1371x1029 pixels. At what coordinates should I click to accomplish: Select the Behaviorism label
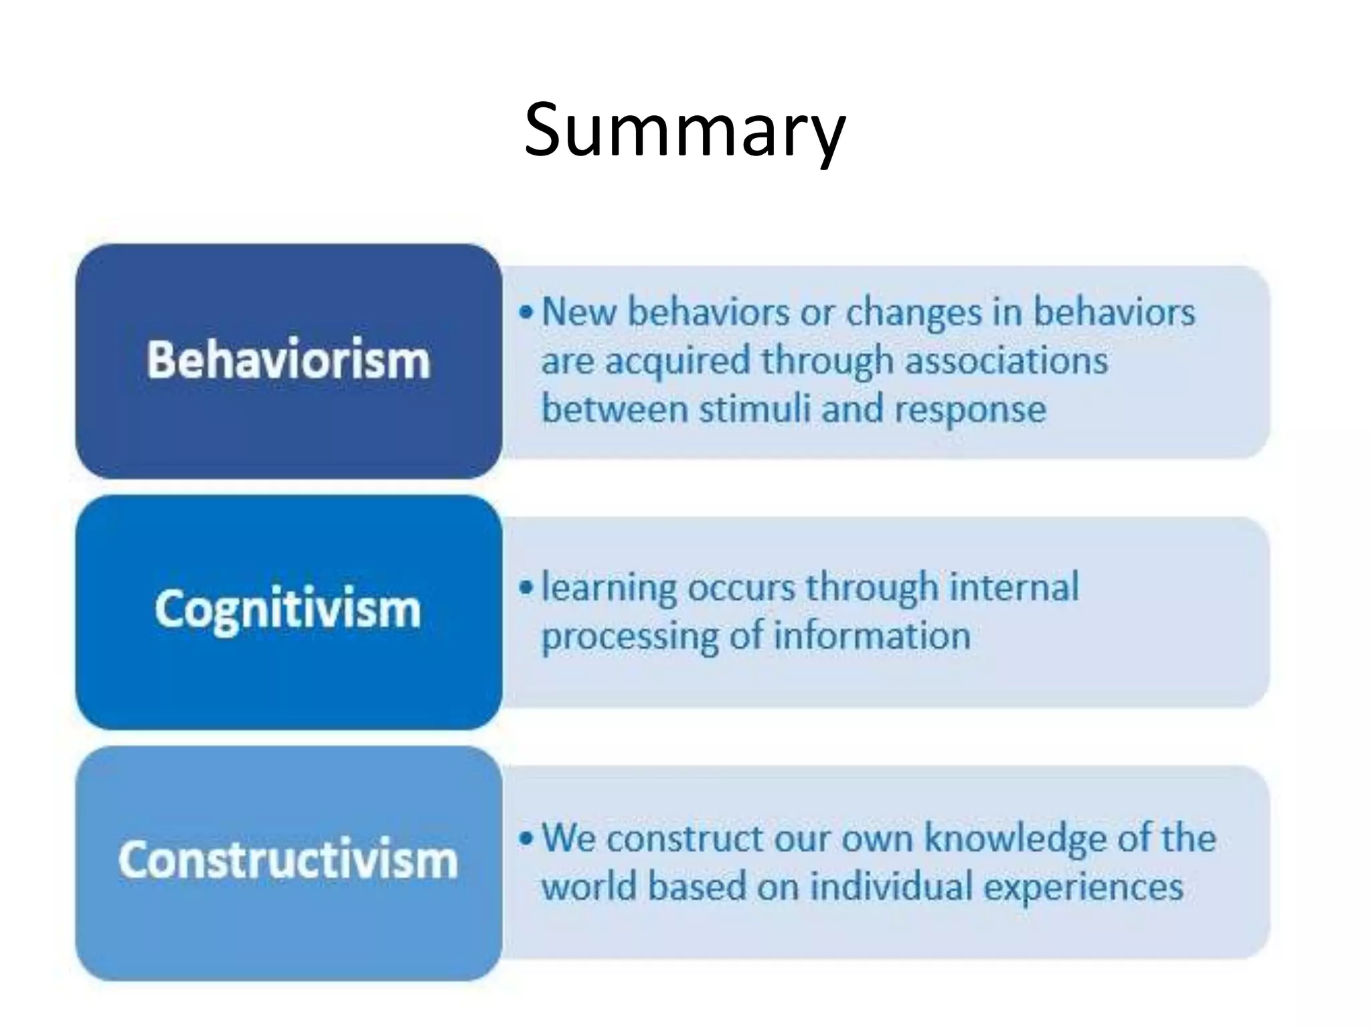[x=288, y=360]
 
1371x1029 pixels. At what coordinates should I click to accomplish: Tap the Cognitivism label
[x=288, y=610]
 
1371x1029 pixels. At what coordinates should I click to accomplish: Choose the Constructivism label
[x=288, y=860]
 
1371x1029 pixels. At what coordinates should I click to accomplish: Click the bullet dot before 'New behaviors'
[x=527, y=313]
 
